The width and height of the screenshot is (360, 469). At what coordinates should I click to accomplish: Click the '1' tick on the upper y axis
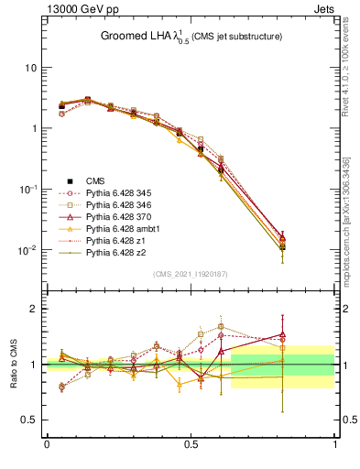pos(33,128)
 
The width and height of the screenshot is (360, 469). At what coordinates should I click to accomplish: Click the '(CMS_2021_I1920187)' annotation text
pos(190,274)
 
